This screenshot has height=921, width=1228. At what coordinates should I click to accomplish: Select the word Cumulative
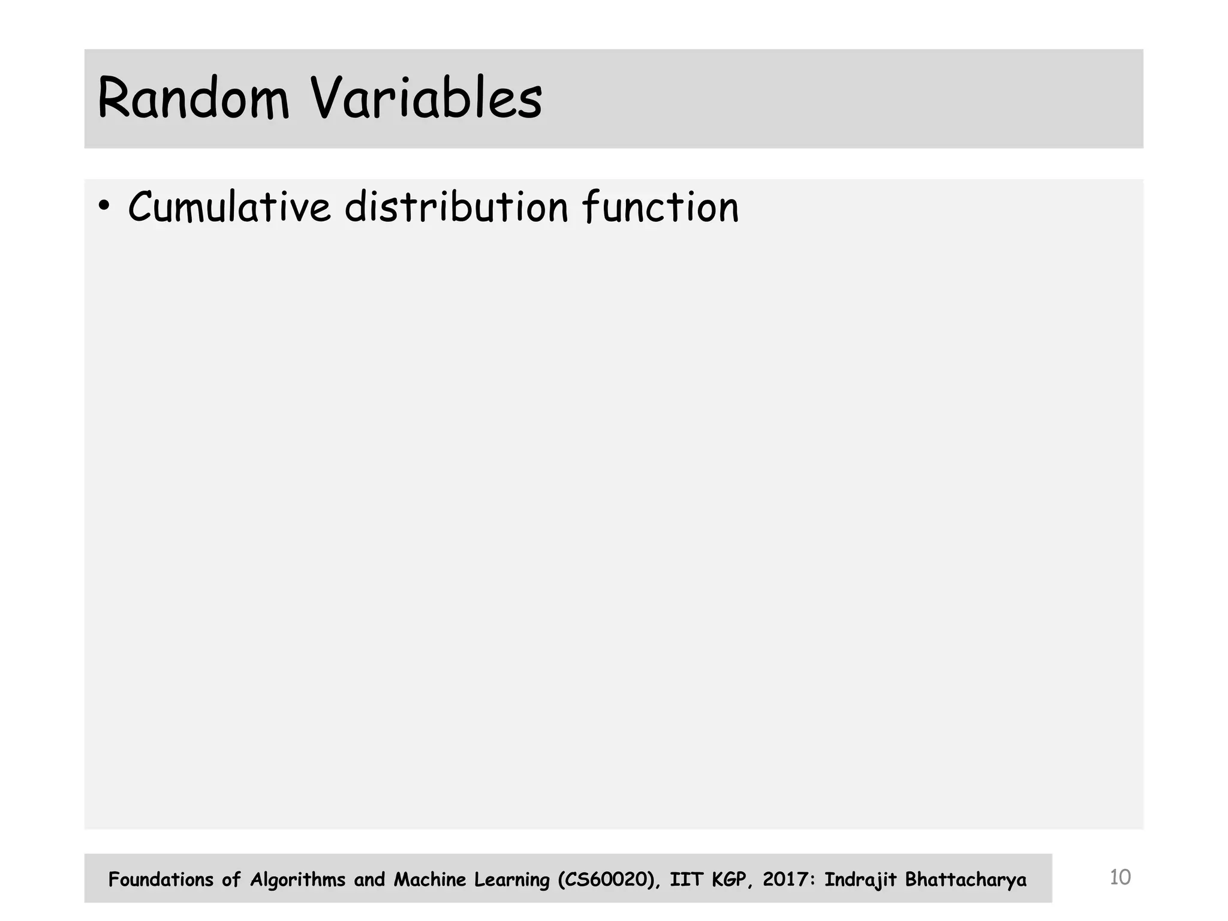click(x=229, y=207)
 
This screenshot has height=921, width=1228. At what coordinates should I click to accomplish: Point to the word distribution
click(x=456, y=207)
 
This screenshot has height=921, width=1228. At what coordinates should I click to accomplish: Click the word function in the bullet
click(x=660, y=207)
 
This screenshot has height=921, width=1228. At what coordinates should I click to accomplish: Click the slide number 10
click(x=1119, y=877)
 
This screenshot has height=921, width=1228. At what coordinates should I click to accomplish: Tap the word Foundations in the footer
click(x=161, y=880)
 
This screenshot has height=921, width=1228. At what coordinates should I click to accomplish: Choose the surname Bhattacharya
click(x=965, y=880)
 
